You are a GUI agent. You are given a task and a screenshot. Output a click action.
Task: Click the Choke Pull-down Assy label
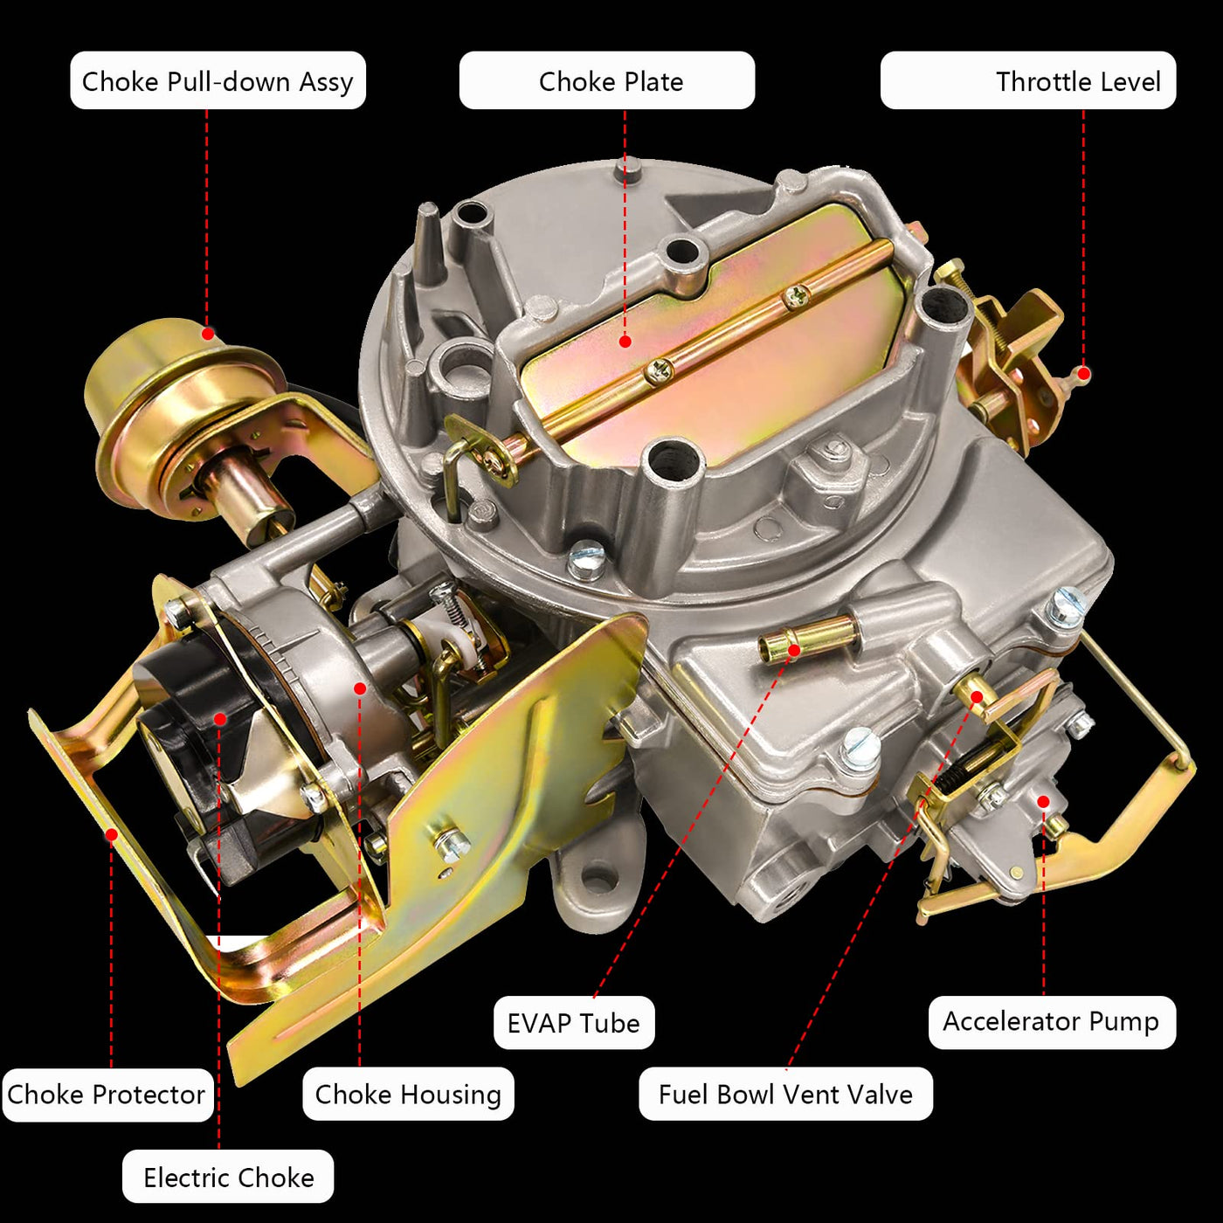pyautogui.click(x=218, y=80)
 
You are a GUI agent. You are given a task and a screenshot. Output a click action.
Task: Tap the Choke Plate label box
pyautogui.click(x=607, y=80)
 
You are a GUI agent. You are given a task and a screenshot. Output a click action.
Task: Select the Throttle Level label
pyautogui.click(x=1028, y=80)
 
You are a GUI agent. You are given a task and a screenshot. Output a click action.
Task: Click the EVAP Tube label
pyautogui.click(x=574, y=1022)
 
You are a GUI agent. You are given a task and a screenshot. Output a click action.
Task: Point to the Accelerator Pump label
pyautogui.click(x=1052, y=1022)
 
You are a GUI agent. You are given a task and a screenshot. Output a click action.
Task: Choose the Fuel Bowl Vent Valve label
pyautogui.click(x=785, y=1094)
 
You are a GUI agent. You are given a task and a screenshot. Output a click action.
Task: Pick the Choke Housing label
pyautogui.click(x=408, y=1094)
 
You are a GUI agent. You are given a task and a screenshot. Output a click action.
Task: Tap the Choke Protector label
pyautogui.click(x=107, y=1095)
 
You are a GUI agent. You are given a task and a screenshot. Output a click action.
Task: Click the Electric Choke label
pyautogui.click(x=228, y=1177)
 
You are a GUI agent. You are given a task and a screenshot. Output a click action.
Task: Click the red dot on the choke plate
pyautogui.click(x=625, y=342)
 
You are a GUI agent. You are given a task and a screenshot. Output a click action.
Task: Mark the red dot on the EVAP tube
pyautogui.click(x=793, y=650)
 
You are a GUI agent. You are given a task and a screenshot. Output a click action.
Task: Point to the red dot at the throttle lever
pyautogui.click(x=1084, y=374)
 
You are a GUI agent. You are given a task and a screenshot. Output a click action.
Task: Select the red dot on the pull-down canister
pyautogui.click(x=208, y=333)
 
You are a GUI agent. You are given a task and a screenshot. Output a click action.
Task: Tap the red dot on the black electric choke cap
pyautogui.click(x=219, y=718)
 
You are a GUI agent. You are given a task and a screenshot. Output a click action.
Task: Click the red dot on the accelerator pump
pyautogui.click(x=1043, y=802)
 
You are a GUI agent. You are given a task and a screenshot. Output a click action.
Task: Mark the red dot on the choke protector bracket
pyautogui.click(x=111, y=834)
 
